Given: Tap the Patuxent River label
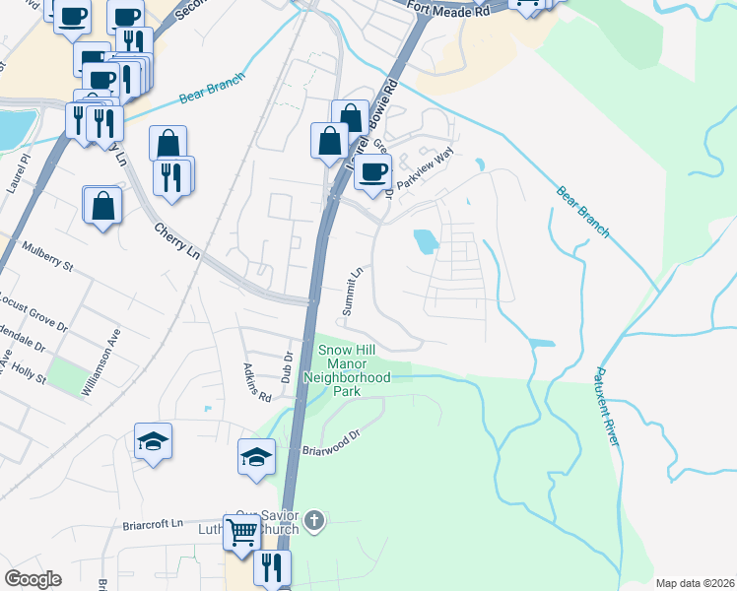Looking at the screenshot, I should [x=607, y=406].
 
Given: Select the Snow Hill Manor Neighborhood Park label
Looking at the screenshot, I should [x=347, y=370].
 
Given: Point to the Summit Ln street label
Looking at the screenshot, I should [x=353, y=290].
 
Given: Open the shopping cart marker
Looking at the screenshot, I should [x=241, y=532].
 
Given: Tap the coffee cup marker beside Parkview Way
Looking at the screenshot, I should [x=372, y=170].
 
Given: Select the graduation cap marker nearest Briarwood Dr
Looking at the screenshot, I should [x=256, y=457].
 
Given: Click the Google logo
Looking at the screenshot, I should [x=33, y=579].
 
